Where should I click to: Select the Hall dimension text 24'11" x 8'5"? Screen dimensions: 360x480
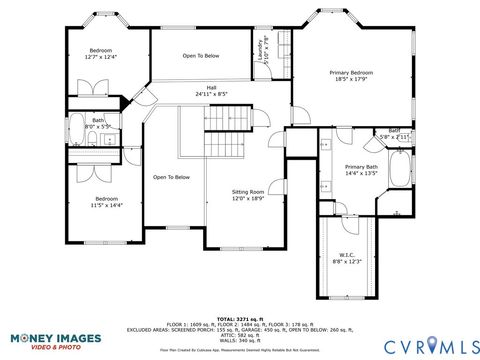pyautogui.click(x=211, y=94)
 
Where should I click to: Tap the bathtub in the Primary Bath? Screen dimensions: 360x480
pyautogui.click(x=399, y=171)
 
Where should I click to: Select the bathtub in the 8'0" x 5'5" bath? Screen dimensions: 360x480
pyautogui.click(x=76, y=127)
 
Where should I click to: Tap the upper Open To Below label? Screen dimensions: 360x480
pyautogui.click(x=201, y=57)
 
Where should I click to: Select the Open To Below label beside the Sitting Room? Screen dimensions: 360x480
pyautogui.click(x=171, y=177)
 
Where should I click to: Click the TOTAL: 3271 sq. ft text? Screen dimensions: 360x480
pyautogui.click(x=239, y=316)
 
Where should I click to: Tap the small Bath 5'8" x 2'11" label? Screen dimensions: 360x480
pyautogui.click(x=394, y=132)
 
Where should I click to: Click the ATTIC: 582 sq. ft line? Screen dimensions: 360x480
pyautogui.click(x=239, y=334)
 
